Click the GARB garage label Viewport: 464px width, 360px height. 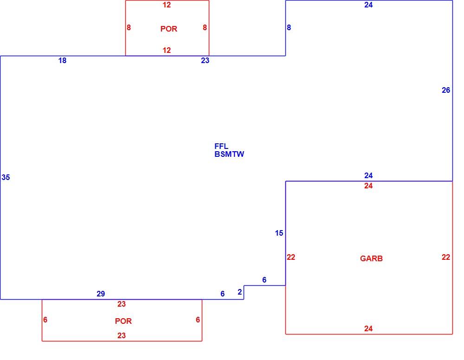371,258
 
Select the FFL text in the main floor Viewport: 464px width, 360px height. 221,146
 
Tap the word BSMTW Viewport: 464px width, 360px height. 229,154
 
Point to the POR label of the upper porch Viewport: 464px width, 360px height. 169,29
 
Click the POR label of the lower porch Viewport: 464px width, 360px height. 123,321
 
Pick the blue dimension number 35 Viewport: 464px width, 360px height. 6,177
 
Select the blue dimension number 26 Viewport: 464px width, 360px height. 445,90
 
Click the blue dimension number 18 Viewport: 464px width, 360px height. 62,61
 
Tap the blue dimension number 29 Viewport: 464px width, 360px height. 101,294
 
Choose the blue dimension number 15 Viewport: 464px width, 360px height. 279,233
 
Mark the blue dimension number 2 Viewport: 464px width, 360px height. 240,292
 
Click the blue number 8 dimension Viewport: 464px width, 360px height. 289,27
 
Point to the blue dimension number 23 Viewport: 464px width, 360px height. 205,61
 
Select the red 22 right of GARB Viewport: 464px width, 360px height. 445,257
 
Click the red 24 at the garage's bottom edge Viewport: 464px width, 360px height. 368,328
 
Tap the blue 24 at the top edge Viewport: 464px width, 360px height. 368,5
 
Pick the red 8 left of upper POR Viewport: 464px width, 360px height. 129,27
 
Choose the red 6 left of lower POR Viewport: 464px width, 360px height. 45,320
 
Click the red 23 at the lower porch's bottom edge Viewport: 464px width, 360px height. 121,335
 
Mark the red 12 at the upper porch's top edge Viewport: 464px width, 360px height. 167,5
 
